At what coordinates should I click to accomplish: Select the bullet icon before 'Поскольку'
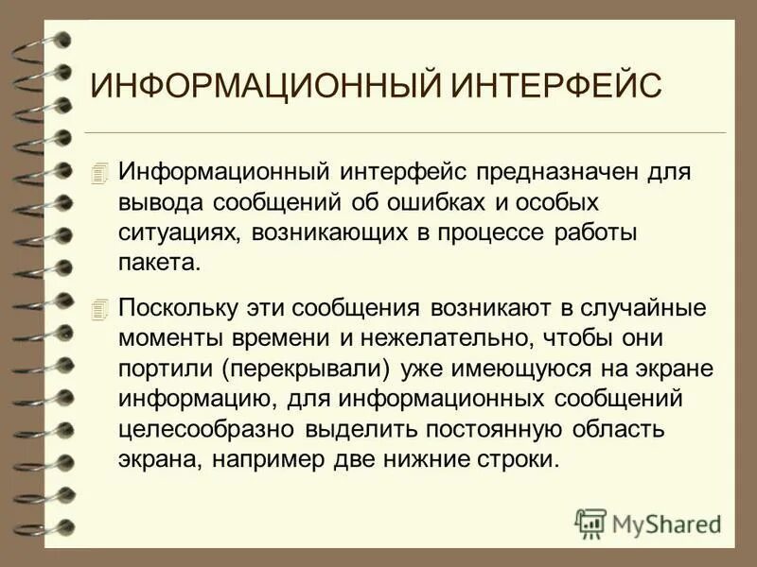pos(101,308)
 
